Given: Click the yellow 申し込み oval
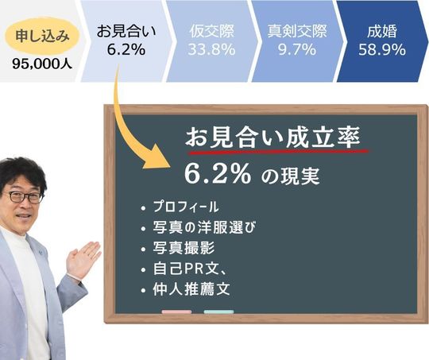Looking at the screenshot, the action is point(42,36).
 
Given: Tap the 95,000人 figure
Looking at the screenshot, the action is point(42,64).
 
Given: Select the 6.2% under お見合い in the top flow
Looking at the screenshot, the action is point(126,50).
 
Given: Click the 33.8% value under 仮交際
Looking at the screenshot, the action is point(211,50).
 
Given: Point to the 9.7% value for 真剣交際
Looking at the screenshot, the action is point(297,50).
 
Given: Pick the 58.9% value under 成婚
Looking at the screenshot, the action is point(382,50).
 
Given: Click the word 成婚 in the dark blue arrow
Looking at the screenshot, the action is point(382,31).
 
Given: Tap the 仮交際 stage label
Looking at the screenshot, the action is point(212,31).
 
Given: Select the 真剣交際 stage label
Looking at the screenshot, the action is point(297,31).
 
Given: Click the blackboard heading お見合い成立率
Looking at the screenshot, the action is point(272,137).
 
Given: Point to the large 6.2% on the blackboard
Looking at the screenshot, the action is point(218,174).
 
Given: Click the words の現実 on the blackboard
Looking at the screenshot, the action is point(290,176).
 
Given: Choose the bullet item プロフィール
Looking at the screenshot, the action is point(186,207).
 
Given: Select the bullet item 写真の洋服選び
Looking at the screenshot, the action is point(204,227).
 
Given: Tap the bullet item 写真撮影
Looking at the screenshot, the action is point(184,248).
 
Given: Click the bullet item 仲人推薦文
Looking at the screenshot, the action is point(191,289).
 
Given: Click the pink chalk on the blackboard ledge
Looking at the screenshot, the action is point(176,312).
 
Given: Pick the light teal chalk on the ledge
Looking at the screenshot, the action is point(219,312).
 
